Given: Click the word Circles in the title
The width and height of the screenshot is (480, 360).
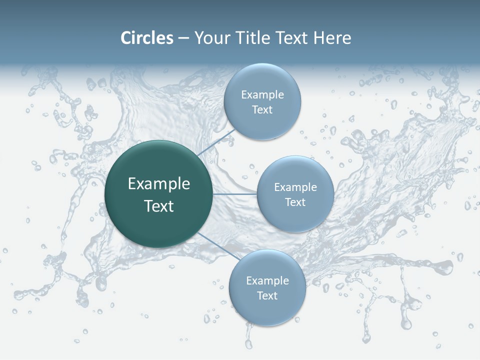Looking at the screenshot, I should click(x=147, y=38).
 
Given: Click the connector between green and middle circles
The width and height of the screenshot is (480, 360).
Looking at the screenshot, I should click(x=235, y=194).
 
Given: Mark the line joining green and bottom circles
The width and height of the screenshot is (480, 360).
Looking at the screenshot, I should click(x=216, y=245).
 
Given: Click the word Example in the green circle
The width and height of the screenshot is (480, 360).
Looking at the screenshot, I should click(x=159, y=184).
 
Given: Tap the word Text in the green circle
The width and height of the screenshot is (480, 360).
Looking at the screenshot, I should click(x=159, y=206).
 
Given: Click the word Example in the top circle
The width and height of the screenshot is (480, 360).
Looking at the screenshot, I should click(x=262, y=95).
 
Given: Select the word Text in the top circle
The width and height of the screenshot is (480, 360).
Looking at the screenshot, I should click(x=262, y=109).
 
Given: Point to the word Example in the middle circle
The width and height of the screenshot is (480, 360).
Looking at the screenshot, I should click(x=295, y=187).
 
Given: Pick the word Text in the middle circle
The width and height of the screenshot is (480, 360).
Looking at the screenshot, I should click(x=295, y=202).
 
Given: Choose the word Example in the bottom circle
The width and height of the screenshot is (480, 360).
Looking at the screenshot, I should click(x=267, y=281).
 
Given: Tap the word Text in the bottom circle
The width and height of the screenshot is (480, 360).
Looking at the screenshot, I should click(x=267, y=295).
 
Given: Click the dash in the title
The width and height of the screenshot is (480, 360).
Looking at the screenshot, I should click(x=183, y=38).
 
